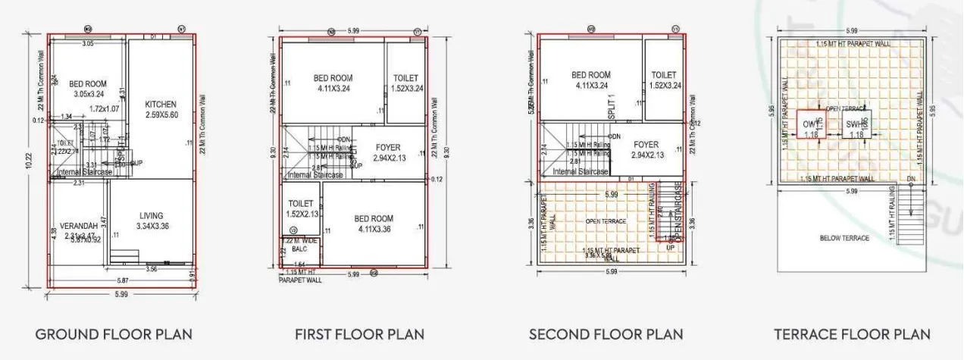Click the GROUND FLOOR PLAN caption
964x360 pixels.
pyautogui.click(x=114, y=334)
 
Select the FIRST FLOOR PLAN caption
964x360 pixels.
pyautogui.click(x=359, y=334)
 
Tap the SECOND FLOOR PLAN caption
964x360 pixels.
pyautogui.click(x=606, y=334)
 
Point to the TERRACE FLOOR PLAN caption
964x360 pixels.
pyautogui.click(x=852, y=334)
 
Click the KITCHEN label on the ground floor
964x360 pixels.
pyautogui.click(x=161, y=105)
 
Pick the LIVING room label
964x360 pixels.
pyautogui.click(x=151, y=216)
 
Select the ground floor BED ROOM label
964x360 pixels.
pyautogui.click(x=88, y=84)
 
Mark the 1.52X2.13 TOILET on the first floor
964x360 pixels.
pyautogui.click(x=301, y=208)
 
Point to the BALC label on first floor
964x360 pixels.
pyautogui.click(x=300, y=248)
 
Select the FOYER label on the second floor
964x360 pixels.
pyautogui.click(x=646, y=144)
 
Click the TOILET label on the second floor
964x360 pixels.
pyautogui.click(x=664, y=75)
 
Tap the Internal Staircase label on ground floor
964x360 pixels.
pyautogui.click(x=86, y=173)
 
